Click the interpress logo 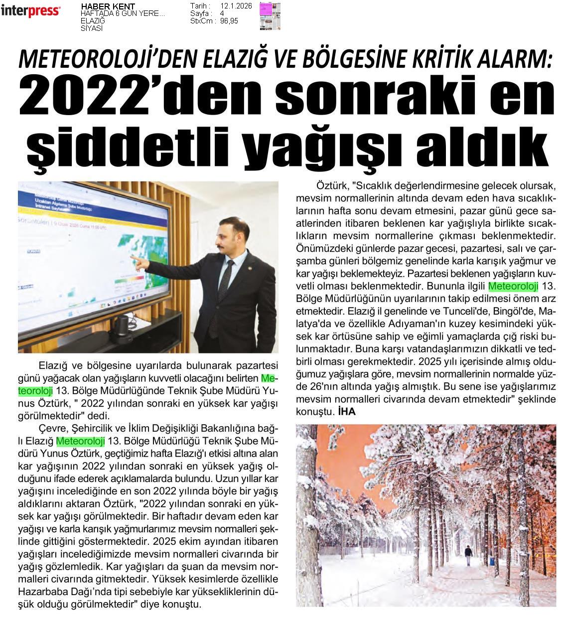(x=30, y=10)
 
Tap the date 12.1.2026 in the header (x=235, y=6)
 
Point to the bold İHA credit (x=346, y=412)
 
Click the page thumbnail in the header (x=270, y=15)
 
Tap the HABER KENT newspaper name (x=108, y=6)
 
